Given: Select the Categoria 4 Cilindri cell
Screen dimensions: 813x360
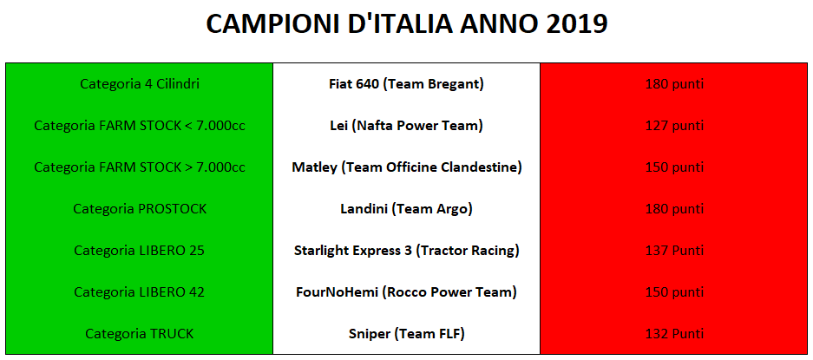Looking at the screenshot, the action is (140, 84).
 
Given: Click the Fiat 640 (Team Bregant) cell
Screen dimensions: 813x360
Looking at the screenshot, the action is (406, 84).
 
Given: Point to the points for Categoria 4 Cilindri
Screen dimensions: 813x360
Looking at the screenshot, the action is (674, 84).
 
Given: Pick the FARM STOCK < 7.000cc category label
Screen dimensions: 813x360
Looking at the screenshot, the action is (140, 126).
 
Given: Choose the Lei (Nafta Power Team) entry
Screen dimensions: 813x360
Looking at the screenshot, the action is (406, 126).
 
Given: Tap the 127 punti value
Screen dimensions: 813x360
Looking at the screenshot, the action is (674, 126).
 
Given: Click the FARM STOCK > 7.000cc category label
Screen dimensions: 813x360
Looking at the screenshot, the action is (140, 167).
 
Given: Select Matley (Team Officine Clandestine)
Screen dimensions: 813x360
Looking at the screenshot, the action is (406, 167).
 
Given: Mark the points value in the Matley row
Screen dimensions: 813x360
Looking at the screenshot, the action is (674, 167).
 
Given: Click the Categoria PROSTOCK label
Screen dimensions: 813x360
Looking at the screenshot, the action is (140, 209).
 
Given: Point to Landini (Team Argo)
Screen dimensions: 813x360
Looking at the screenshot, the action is (406, 209).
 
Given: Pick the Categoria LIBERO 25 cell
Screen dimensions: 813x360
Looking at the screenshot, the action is (140, 251).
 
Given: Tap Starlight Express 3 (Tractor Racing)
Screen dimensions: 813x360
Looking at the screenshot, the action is (406, 251).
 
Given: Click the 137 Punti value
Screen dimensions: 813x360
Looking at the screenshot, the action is (674, 251).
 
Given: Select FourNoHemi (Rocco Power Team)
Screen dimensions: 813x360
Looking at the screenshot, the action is (406, 292).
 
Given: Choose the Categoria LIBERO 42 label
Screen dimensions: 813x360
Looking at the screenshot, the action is (140, 292).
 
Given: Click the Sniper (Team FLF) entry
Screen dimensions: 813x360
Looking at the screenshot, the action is (406, 334).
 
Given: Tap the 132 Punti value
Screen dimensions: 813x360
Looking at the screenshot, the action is (674, 334).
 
